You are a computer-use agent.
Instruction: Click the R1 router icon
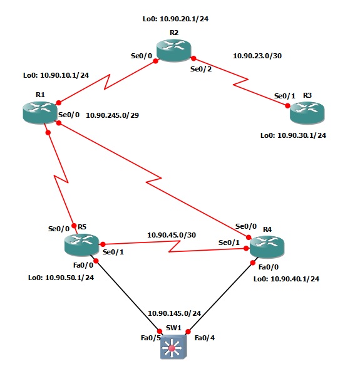39,111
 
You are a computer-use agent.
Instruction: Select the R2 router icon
173,50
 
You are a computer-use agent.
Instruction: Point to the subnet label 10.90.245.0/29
113,115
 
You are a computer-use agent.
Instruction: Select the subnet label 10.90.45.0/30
172,235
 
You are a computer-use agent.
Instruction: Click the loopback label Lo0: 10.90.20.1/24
176,19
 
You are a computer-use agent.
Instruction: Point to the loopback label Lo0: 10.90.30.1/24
294,135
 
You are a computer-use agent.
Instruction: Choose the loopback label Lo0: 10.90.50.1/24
61,278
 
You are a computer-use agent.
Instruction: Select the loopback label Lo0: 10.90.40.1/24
286,279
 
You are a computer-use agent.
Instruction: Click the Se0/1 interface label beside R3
284,96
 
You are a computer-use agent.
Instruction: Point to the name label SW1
173,328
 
